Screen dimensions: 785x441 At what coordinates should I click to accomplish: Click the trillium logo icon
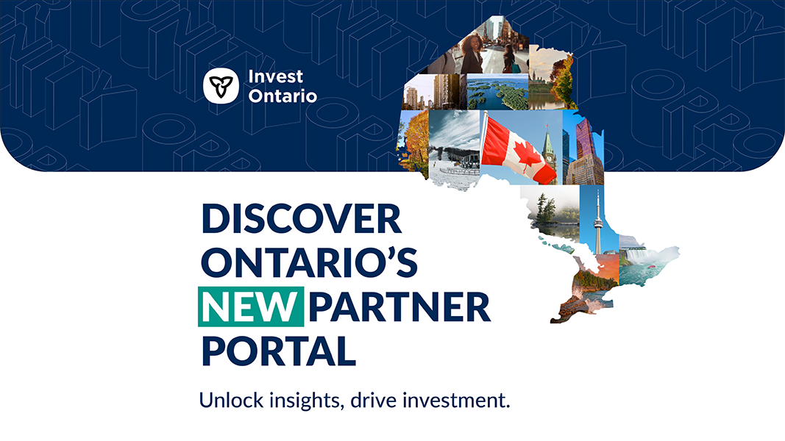221,86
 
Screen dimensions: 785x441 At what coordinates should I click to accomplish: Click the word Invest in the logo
275,76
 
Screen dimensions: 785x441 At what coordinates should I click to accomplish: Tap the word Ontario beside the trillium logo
283,96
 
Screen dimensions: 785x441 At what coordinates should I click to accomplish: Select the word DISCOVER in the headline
302,218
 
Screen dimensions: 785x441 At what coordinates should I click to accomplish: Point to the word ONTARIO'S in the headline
309,262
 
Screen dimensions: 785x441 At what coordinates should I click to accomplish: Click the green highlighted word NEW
251,306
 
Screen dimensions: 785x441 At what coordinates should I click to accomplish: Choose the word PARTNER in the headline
399,306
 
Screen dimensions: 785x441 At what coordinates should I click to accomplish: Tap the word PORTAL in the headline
279,351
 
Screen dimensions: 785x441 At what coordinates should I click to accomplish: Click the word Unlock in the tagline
231,400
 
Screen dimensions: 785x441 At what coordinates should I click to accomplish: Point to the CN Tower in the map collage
597,220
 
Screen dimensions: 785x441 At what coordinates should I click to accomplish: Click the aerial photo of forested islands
497,92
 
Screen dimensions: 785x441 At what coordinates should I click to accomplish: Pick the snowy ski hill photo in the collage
455,148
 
